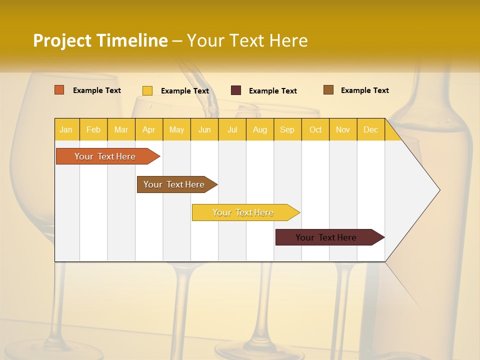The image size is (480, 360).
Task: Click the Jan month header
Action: [x=66, y=129]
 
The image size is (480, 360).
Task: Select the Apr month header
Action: [x=148, y=129]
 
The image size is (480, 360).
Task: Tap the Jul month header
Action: [x=232, y=129]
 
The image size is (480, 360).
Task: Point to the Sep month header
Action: [x=287, y=129]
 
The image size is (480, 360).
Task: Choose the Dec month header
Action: [x=370, y=129]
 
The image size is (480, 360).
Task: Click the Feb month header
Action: [x=93, y=129]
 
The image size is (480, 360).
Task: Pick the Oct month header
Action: [x=315, y=129]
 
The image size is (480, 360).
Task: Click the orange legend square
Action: [x=59, y=90]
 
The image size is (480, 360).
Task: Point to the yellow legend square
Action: [x=147, y=90]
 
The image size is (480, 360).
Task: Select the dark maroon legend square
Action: [x=236, y=90]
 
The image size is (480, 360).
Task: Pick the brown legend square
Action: [x=328, y=90]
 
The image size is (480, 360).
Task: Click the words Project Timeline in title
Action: [x=100, y=40]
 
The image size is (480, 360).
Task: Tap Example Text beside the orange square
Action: [x=97, y=90]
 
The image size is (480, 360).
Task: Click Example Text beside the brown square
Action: [x=365, y=90]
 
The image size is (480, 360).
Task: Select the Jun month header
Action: [x=204, y=129]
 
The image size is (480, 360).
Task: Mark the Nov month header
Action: [x=343, y=129]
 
